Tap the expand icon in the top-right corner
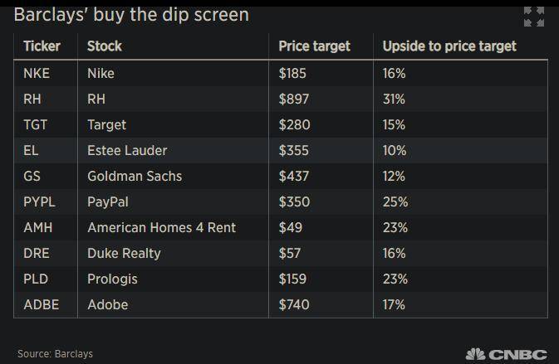coord(534,17)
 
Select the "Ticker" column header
coord(42,46)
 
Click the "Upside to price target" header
coord(449,46)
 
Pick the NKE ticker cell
coord(37,73)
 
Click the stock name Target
coord(106,124)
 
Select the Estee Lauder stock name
coord(127,150)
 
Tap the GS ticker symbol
coord(32,176)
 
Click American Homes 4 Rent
coord(161,227)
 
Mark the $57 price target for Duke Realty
coord(289,253)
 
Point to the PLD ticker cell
coord(35,279)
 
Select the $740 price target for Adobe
coord(293,304)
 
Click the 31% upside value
coord(394,99)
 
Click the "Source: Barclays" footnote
coord(55,354)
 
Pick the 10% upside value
coord(394,150)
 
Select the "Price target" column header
coord(314,46)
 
